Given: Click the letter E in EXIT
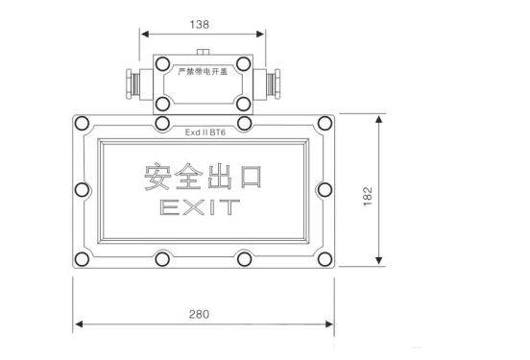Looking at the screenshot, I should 167,206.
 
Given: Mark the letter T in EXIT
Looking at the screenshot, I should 233,206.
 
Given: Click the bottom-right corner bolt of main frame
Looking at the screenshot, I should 325,259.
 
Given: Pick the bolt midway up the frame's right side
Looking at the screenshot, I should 325,190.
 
